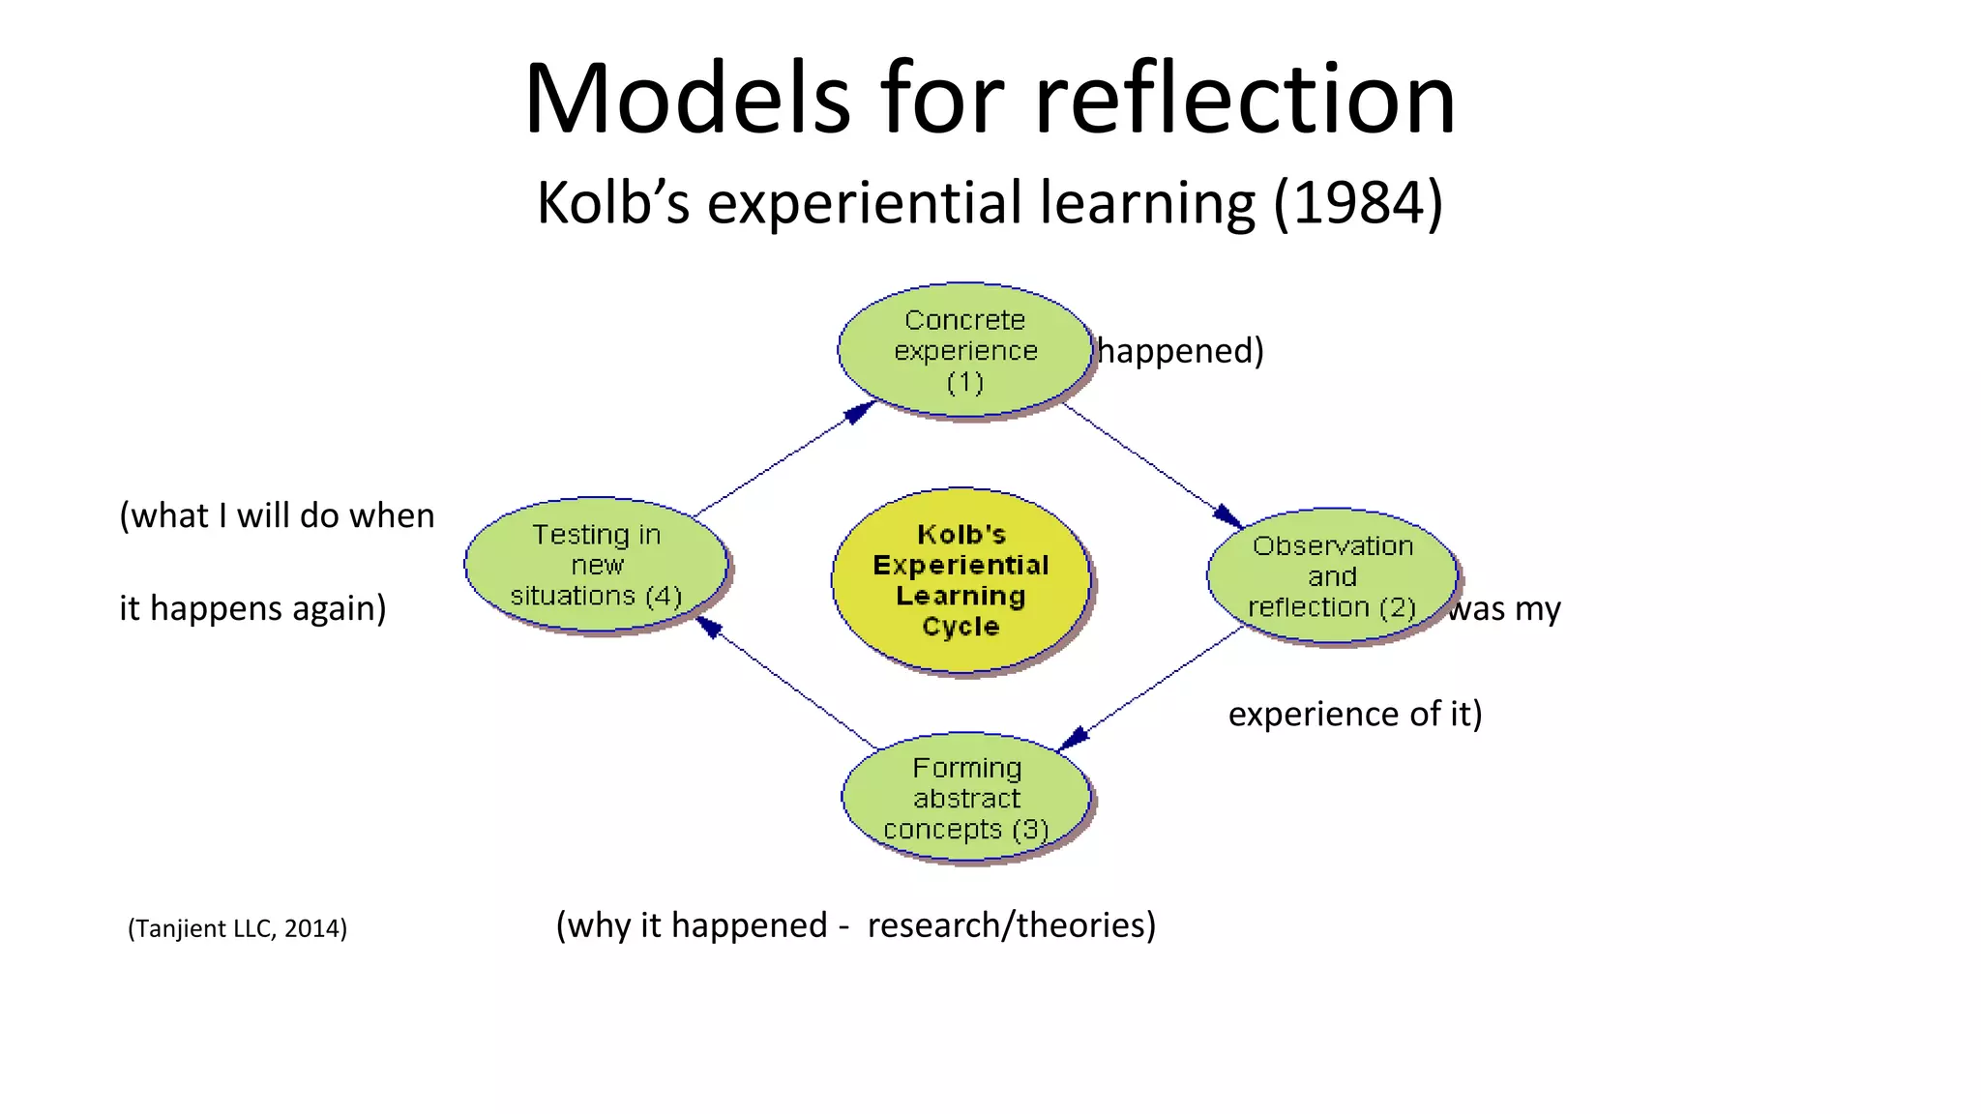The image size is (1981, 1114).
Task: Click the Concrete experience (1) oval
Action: (964, 350)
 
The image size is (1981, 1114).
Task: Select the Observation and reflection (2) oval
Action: (1332, 575)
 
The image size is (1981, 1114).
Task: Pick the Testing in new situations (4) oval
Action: (596, 565)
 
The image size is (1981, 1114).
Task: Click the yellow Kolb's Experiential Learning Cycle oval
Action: (961, 580)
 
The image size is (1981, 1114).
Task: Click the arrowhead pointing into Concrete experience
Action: (859, 412)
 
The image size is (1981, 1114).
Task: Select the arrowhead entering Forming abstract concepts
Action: (1073, 739)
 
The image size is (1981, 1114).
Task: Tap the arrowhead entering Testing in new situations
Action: (710, 628)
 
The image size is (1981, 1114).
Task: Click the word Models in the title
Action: (687, 99)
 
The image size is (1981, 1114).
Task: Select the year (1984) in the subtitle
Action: (1358, 203)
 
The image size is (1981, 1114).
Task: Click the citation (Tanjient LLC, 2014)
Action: (237, 928)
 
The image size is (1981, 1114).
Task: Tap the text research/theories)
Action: (1011, 925)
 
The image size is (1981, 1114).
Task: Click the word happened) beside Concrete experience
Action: (1180, 350)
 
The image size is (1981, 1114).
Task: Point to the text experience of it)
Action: (1354, 714)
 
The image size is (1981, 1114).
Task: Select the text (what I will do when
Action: (277, 515)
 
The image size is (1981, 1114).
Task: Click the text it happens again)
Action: (252, 608)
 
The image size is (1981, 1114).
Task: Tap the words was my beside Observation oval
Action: (1505, 609)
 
